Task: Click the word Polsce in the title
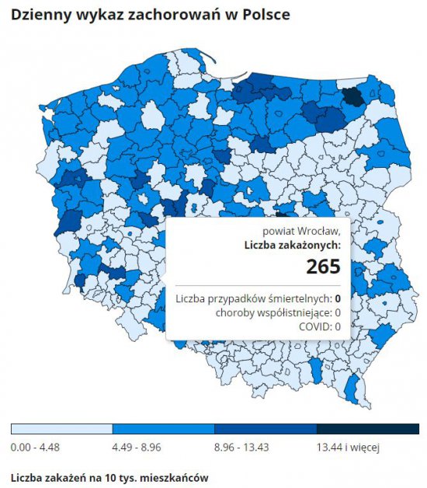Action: pyautogui.click(x=266, y=14)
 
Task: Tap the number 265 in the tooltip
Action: pyautogui.click(x=324, y=266)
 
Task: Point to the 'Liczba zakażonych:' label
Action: pyautogui.click(x=293, y=246)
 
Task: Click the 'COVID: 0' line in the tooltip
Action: pyautogui.click(x=320, y=326)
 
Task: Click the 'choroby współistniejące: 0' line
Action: pyautogui.click(x=278, y=313)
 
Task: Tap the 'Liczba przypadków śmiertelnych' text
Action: pyautogui.click(x=253, y=298)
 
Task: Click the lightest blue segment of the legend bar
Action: pyautogui.click(x=62, y=429)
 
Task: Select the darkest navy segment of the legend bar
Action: pyautogui.click(x=368, y=429)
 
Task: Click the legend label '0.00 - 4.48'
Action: pyautogui.click(x=35, y=448)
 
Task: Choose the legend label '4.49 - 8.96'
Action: pyautogui.click(x=137, y=448)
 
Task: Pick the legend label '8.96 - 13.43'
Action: pyautogui.click(x=241, y=448)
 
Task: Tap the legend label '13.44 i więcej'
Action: pyautogui.click(x=349, y=448)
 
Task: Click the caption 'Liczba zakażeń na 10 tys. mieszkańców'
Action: pyautogui.click(x=109, y=478)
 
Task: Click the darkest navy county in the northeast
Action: pyautogui.click(x=353, y=97)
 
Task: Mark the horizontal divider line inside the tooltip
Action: pyautogui.click(x=258, y=285)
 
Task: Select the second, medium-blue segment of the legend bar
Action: pyautogui.click(x=164, y=429)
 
